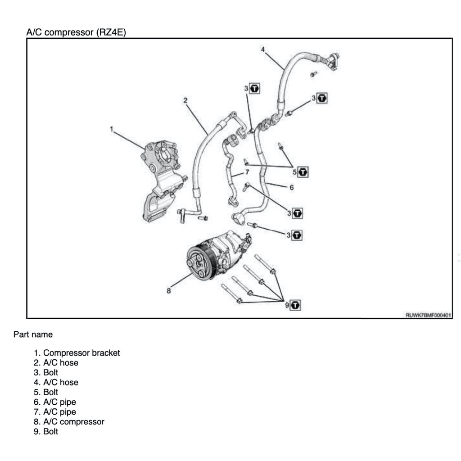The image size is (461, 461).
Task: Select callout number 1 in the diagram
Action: (111, 129)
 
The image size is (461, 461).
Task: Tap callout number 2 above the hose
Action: (185, 100)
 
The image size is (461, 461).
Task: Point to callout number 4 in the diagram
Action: (263, 50)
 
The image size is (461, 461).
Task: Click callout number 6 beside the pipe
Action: (291, 187)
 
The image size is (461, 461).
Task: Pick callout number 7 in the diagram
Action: (247, 172)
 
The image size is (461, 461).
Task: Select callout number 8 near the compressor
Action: (169, 291)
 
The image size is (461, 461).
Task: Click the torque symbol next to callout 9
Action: (296, 305)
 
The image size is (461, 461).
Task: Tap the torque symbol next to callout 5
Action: (303, 172)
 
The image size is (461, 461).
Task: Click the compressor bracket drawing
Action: (160, 180)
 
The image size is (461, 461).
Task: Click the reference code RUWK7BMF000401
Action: (428, 315)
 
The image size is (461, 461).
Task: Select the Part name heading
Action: (33, 334)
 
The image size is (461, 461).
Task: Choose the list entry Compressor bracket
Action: (81, 353)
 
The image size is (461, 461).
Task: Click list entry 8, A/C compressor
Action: (73, 422)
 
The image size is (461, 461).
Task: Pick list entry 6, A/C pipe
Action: (59, 402)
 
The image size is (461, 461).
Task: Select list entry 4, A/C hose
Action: (60, 382)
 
